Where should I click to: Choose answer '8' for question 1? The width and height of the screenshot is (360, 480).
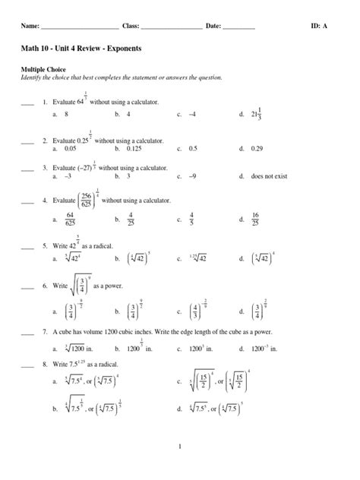(67, 113)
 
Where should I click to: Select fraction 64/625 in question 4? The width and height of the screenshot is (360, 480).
(71, 219)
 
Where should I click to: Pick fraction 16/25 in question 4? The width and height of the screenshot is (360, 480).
(256, 219)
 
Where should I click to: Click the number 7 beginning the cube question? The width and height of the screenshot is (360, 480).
(45, 332)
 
